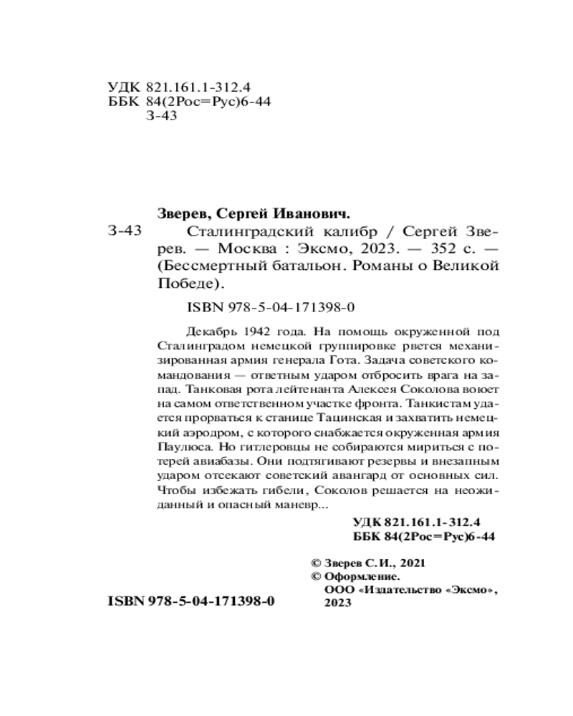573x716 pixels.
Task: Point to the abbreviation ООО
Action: (339, 590)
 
